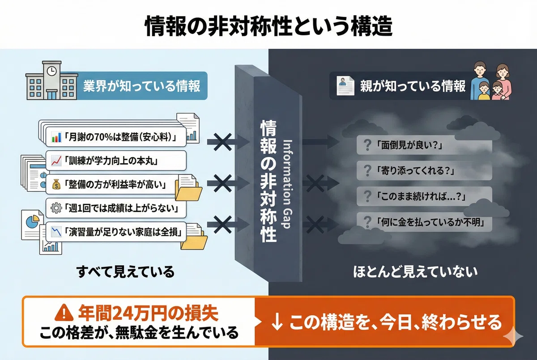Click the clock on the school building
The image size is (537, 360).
tap(51, 71)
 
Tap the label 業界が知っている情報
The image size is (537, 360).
tap(141, 86)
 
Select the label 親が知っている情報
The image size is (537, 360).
tap(413, 86)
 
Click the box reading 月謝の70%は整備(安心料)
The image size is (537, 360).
tap(116, 137)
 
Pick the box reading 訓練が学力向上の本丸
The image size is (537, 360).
tap(116, 161)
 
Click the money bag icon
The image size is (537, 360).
tap(56, 184)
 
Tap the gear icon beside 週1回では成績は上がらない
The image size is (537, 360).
tap(56, 208)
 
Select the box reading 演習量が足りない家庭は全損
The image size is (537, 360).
tap(116, 232)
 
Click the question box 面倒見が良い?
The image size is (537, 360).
tap(424, 145)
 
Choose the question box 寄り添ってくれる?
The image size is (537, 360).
tap(424, 170)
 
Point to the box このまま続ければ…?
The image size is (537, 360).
tap(424, 196)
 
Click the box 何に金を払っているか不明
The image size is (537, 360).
tap(424, 222)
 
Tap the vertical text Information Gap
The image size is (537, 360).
tap(287, 184)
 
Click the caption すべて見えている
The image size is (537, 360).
tap(125, 271)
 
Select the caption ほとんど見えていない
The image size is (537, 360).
tap(415, 272)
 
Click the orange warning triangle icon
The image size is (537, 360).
tap(64, 313)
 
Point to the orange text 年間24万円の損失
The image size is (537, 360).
tap(148, 313)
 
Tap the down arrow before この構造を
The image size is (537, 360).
tap(277, 322)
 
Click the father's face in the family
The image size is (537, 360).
tap(480, 69)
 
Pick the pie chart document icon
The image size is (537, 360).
tap(32, 224)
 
